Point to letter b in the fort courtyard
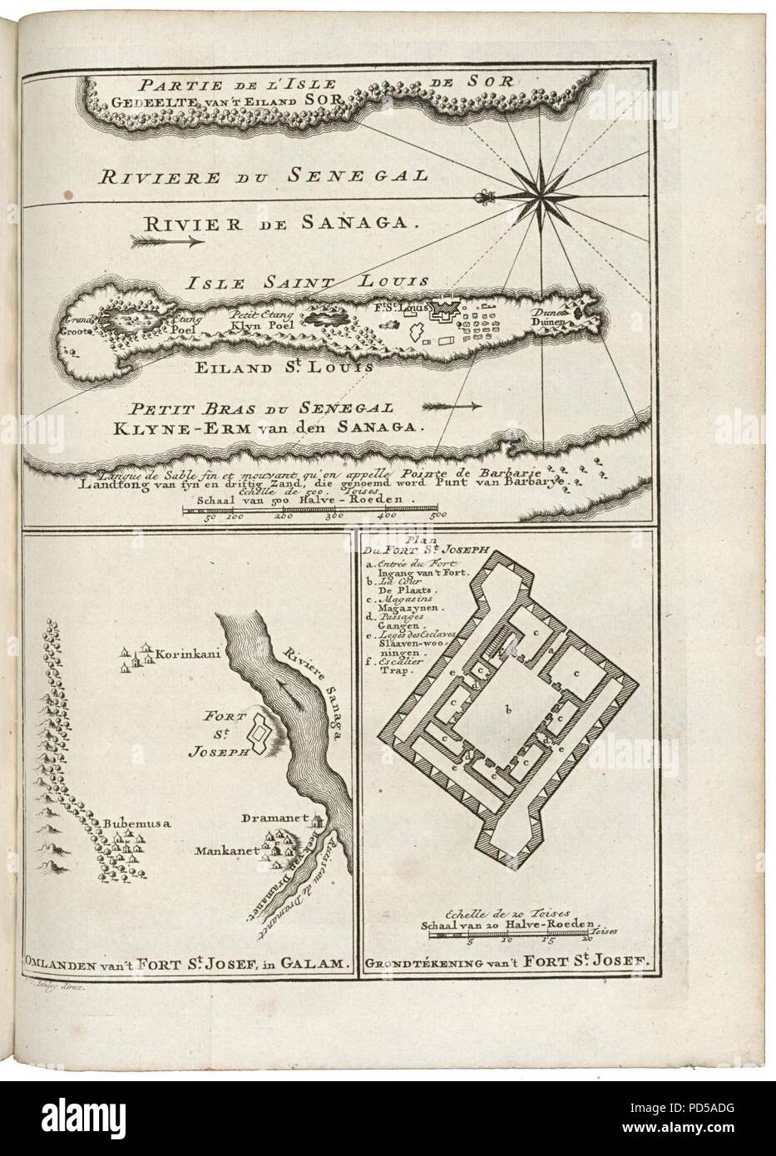(505, 709)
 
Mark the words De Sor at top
(472, 82)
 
